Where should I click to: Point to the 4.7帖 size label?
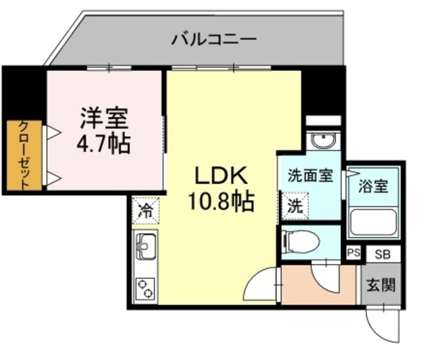(104, 143)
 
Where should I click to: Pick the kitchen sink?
(145, 247)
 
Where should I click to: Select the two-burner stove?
(145, 287)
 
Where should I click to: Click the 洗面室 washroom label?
(310, 176)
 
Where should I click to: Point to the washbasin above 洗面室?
(323, 141)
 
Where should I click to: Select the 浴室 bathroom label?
(373, 186)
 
